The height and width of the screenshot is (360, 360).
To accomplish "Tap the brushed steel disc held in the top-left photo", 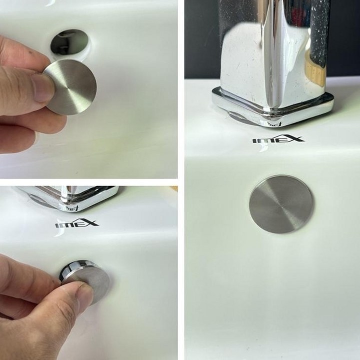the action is point(71,87).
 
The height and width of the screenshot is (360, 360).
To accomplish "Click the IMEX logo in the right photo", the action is point(278,139).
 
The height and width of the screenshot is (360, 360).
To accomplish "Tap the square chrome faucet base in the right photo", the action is point(273,106).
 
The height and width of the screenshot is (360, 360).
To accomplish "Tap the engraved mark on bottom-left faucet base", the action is point(71,208).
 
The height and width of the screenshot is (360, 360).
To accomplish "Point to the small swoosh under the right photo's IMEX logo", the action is point(261,148).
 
